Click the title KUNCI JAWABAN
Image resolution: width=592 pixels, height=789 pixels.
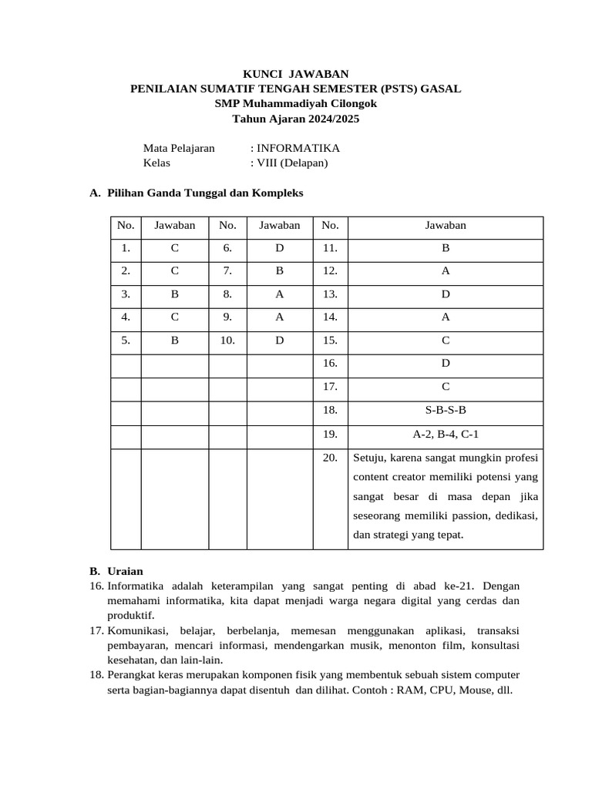click(296, 74)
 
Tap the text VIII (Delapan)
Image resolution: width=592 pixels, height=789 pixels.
click(292, 163)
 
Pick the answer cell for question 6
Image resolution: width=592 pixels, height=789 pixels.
click(280, 249)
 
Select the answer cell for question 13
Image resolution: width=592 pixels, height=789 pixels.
click(446, 294)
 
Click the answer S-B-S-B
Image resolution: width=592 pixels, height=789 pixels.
click(446, 411)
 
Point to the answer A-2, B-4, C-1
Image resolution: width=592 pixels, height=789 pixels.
click(446, 434)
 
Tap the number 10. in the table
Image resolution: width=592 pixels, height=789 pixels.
click(227, 340)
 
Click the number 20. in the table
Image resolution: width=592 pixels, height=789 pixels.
click(331, 457)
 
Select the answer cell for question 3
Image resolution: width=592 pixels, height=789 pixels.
click(175, 294)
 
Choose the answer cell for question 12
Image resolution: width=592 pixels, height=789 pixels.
click(446, 271)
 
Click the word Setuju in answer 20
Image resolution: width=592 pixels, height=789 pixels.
click(370, 458)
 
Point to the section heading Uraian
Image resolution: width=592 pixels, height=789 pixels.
click(125, 572)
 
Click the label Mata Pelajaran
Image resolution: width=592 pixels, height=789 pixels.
click(179, 148)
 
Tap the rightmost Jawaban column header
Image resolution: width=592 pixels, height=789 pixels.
click(446, 226)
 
